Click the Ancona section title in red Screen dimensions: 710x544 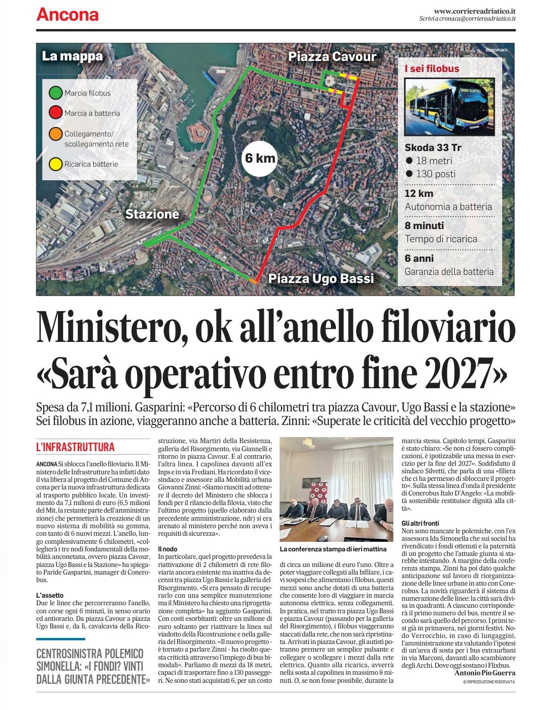click(x=67, y=15)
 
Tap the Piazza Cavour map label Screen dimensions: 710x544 click(x=332, y=56)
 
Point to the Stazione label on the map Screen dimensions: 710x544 click(x=152, y=214)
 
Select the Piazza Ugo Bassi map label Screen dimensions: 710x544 click(x=321, y=278)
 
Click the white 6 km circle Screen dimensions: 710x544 click(x=260, y=158)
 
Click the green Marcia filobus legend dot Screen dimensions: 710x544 click(x=55, y=93)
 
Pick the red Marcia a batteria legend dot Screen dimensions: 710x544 click(x=55, y=113)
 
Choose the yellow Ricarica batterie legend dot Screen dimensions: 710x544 click(x=55, y=164)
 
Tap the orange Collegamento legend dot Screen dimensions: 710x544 click(x=55, y=134)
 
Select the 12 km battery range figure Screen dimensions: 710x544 click(x=419, y=194)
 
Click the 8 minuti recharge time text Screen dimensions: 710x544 click(x=425, y=226)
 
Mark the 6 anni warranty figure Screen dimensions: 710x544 click(x=419, y=259)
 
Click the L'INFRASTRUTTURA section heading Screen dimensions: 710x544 click(x=76, y=447)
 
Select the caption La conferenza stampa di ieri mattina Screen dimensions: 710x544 click(x=333, y=548)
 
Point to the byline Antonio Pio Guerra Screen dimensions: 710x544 click(x=485, y=673)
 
